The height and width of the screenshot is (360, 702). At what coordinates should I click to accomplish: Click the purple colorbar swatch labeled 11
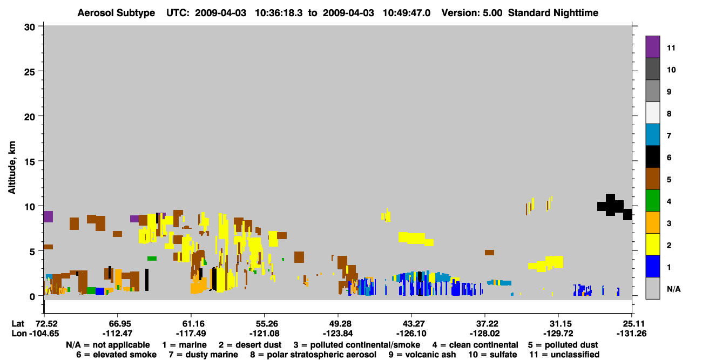coord(652,47)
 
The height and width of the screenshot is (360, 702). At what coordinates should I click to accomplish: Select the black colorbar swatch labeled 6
coord(652,157)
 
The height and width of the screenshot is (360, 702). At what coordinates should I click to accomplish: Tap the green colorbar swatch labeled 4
coord(652,201)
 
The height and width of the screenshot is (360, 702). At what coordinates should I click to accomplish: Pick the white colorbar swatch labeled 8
coord(652,113)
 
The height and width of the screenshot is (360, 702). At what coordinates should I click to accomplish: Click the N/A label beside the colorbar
coord(673,289)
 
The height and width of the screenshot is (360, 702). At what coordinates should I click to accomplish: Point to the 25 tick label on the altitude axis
coord(30,72)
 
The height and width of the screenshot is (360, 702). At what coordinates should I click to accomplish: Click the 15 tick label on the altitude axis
coord(30,162)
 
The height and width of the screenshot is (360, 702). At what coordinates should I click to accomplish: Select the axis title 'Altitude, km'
coord(11,168)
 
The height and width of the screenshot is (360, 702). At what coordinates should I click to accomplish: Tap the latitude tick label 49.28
coord(338,324)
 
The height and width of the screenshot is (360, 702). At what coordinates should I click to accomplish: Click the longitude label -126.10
coord(411,334)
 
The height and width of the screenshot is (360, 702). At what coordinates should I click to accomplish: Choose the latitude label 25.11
coord(632,324)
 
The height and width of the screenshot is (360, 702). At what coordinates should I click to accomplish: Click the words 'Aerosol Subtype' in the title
coord(116,13)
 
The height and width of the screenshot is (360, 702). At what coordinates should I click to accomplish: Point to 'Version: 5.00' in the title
coord(472,13)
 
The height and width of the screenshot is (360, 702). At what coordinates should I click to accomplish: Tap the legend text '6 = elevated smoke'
coord(116,355)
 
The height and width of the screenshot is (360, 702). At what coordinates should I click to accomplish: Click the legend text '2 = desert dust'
coord(250,345)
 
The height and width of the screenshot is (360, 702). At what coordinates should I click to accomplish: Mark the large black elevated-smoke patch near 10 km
coord(615,207)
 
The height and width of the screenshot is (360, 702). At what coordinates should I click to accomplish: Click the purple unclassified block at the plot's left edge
coord(48,216)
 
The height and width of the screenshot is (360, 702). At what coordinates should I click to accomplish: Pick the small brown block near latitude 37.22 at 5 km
coord(490,253)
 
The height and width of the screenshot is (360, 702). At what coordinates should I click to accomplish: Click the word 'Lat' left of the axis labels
coord(18,324)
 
